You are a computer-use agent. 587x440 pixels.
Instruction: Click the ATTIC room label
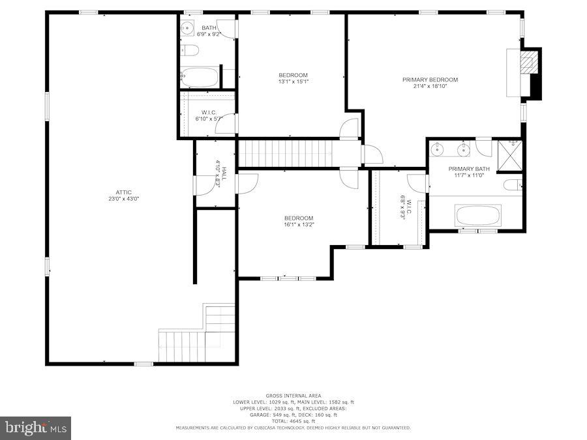[x=124, y=192]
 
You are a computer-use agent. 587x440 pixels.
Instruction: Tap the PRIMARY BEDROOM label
[x=430, y=80]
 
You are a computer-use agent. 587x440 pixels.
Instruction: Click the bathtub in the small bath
[x=200, y=78]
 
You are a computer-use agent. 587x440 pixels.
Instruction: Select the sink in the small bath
[x=187, y=28]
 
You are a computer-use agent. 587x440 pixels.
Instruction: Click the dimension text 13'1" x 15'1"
[x=293, y=81]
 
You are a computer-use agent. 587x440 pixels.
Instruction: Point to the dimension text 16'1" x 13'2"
[x=298, y=225]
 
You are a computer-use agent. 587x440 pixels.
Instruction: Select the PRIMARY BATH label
[x=464, y=169]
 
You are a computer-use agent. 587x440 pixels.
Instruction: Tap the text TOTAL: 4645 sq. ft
[x=293, y=421]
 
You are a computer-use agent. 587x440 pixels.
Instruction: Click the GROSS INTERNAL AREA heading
[x=293, y=396]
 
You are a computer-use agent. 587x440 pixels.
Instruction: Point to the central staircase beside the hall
[x=286, y=154]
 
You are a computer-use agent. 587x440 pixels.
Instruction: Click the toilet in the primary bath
[x=512, y=185]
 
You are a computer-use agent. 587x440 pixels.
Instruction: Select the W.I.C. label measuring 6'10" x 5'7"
[x=209, y=112]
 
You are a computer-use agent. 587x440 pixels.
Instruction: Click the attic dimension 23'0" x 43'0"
[x=124, y=199]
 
